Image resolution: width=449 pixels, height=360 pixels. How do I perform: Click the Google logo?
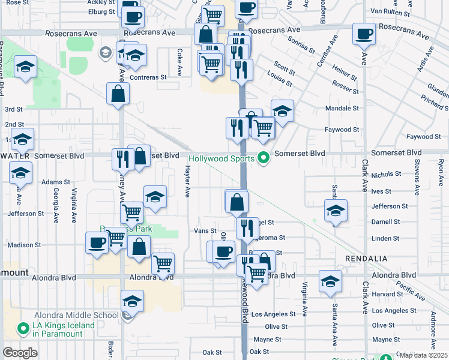[x=20, y=353]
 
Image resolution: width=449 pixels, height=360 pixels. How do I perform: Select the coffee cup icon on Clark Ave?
[x=363, y=34]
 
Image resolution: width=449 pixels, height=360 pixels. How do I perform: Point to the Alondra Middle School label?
[x=76, y=315]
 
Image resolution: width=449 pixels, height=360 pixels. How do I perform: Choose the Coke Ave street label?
[x=179, y=62]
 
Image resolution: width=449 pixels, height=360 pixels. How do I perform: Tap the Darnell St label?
[x=385, y=221]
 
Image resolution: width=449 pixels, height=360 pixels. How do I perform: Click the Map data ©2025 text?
[x=423, y=355]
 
